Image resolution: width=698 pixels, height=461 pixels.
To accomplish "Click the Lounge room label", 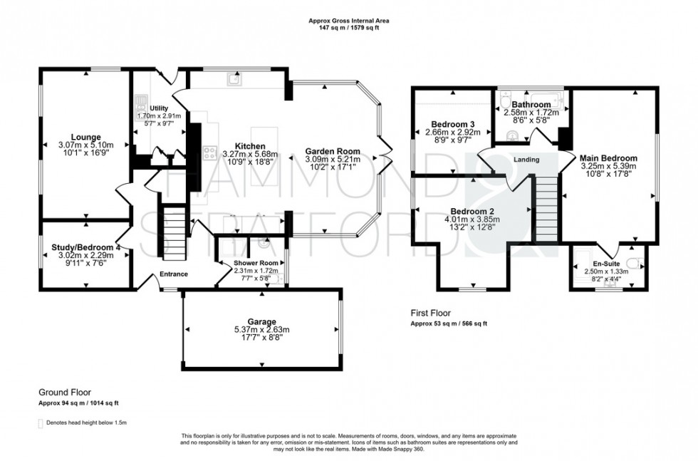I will [x=85, y=137].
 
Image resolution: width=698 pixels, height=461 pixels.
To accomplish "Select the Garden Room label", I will [x=333, y=151].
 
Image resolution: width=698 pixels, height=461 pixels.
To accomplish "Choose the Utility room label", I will [x=159, y=108].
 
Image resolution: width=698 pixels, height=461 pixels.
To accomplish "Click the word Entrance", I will [x=173, y=274].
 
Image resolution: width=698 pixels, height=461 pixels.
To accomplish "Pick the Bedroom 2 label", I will [x=472, y=211].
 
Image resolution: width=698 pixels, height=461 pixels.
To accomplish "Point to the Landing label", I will [x=526, y=160].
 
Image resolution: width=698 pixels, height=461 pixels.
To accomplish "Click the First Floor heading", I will [x=431, y=313].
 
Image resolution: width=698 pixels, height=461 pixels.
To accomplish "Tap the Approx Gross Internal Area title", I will [x=348, y=21].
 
